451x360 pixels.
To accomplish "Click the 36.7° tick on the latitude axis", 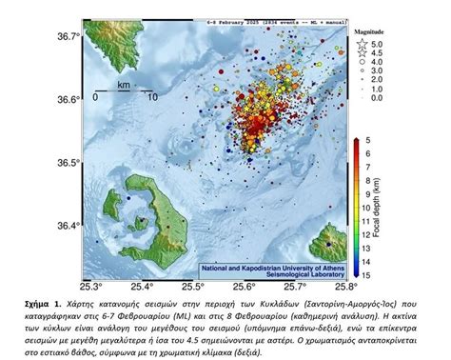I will click(68, 36).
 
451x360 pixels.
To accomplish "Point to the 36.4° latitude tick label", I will click(68, 226).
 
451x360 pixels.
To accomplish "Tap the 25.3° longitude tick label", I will click(91, 285).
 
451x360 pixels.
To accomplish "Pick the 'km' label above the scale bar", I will click(123, 85).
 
